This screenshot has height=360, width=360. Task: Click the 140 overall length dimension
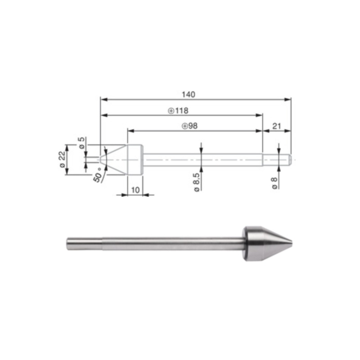[x=188, y=94]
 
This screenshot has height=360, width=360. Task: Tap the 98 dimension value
[x=193, y=126]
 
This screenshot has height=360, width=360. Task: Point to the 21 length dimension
[x=276, y=126]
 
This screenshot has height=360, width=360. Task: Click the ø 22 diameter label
[x=62, y=159]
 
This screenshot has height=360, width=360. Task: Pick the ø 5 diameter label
[x=81, y=143]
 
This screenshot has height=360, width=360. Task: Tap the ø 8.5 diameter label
[x=197, y=184]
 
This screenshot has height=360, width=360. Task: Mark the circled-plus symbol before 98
[x=184, y=126]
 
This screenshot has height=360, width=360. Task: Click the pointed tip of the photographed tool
[x=292, y=244]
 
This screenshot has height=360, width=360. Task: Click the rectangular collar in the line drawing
[x=135, y=159]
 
